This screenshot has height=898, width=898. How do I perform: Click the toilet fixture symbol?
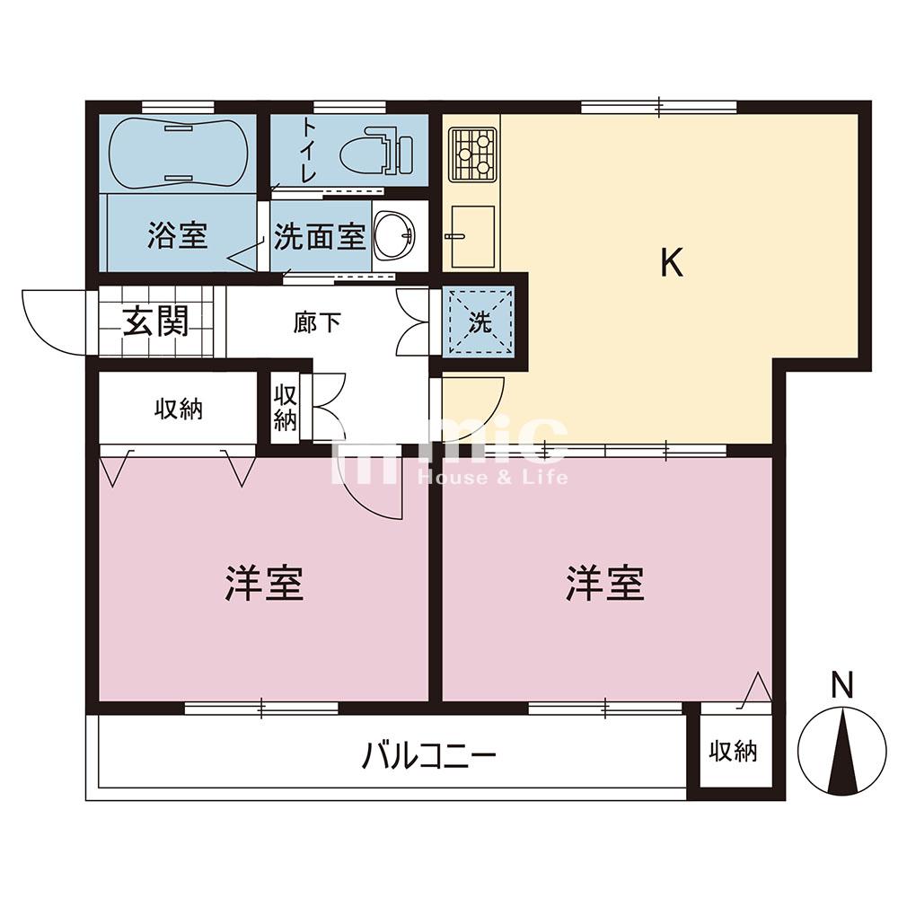[377, 153]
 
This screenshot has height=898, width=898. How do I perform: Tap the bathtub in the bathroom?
[178, 153]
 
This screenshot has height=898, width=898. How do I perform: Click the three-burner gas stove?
[472, 154]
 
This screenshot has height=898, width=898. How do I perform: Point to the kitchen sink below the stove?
[472, 236]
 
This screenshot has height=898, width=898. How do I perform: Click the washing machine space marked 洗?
[480, 321]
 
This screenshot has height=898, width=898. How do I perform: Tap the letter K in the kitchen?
[672, 263]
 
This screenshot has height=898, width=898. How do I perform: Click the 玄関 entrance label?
[155, 321]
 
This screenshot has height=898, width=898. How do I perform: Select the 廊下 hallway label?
[317, 323]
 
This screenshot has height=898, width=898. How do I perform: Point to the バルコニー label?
[429, 755]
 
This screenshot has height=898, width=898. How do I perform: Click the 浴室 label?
[178, 235]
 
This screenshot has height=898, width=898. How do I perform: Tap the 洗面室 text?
[320, 236]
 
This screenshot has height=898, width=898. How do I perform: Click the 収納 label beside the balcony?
[734, 751]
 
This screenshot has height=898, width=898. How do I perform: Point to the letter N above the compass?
[842, 685]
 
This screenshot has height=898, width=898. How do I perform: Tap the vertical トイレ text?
[309, 150]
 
